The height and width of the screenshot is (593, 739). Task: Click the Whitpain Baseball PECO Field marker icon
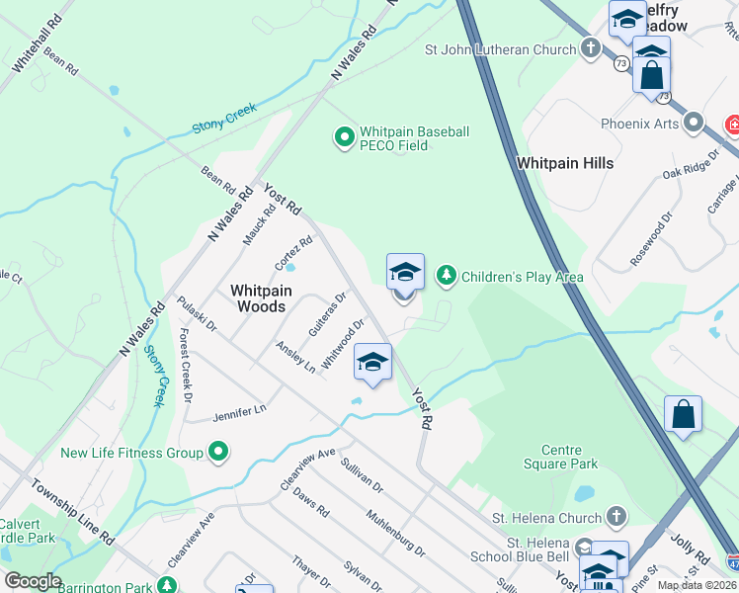click(x=345, y=137)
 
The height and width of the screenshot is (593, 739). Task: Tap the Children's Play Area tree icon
click(x=447, y=275)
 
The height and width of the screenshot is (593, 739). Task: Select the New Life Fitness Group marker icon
click(x=219, y=454)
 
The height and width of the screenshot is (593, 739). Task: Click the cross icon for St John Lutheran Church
click(x=591, y=48)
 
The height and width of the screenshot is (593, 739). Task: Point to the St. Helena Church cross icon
click(x=616, y=517)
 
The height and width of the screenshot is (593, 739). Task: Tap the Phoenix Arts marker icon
click(x=694, y=124)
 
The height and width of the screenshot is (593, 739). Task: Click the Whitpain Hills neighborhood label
click(x=564, y=163)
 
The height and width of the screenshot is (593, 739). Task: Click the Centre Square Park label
click(x=562, y=457)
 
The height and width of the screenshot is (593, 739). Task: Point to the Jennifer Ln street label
click(x=240, y=412)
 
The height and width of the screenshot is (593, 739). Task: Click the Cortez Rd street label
click(x=293, y=253)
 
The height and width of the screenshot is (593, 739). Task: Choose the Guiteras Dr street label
click(x=327, y=313)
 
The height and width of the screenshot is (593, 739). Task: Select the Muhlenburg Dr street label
click(x=395, y=534)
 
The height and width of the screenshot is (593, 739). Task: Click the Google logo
click(x=33, y=581)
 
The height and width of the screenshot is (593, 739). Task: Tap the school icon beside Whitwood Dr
click(x=372, y=363)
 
